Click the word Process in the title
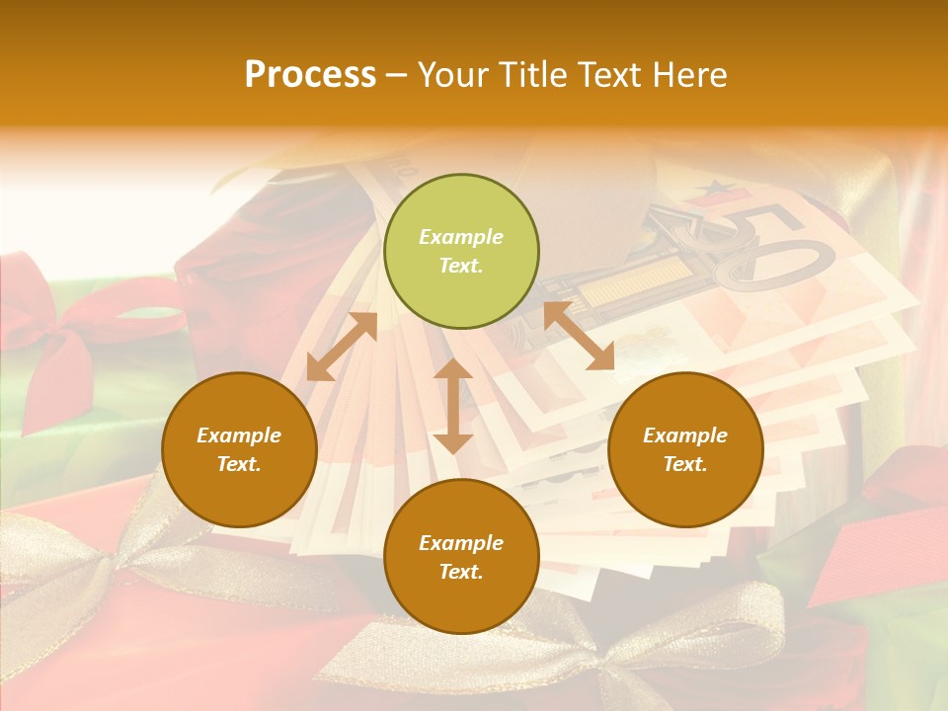pos(310,75)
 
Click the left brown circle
pos(239,449)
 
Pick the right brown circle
pos(685,449)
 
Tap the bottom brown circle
pos(461,556)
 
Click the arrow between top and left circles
pos(342,347)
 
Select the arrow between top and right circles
pos(579,336)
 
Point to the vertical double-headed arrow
pos(453,406)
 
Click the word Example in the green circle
pos(461,237)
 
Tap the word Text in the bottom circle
pos(461,572)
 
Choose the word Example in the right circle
pos(685,435)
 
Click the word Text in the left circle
pos(239,464)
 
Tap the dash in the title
pos(397,75)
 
